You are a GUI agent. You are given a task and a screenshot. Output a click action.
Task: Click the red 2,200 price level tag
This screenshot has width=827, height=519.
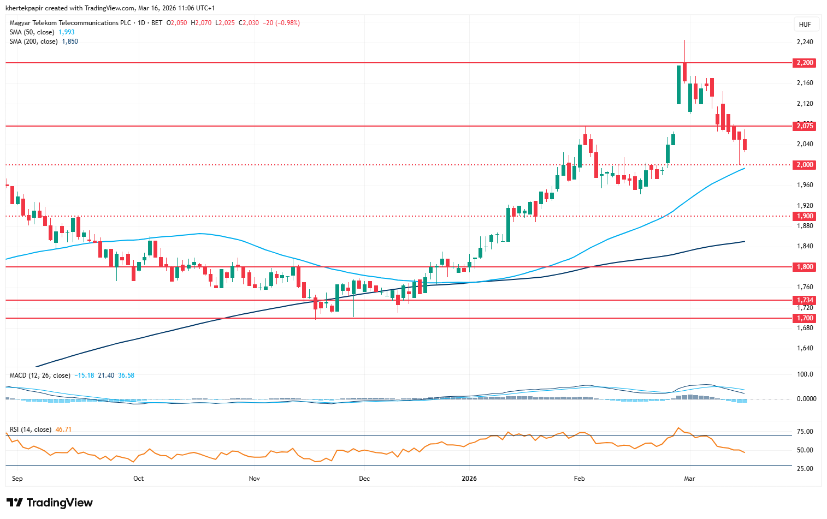pyautogui.click(x=805, y=63)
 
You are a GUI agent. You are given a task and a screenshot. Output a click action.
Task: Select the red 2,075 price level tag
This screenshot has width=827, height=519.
pyautogui.click(x=805, y=126)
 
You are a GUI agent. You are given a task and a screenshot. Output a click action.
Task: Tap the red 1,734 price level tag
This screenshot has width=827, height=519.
pyautogui.click(x=805, y=300)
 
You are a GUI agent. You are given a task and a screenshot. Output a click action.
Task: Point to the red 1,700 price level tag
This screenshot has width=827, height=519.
pyautogui.click(x=805, y=318)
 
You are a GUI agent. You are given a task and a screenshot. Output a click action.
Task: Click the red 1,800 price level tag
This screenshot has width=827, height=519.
pyautogui.click(x=805, y=267)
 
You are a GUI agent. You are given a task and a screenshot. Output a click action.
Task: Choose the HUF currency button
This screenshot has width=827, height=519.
pyautogui.click(x=805, y=25)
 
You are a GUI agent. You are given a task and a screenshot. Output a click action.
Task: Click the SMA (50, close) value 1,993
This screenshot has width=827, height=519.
pyautogui.click(x=67, y=32)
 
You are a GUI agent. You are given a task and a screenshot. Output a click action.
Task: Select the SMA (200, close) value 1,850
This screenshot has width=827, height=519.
pyautogui.click(x=70, y=41)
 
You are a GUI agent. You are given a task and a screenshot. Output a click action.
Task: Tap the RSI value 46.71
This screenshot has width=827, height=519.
pyautogui.click(x=63, y=429)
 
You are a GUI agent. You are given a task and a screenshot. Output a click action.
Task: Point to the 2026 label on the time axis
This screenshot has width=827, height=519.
pyautogui.click(x=469, y=479)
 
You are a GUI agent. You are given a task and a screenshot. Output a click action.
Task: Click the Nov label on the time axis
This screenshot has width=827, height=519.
pyautogui.click(x=254, y=479)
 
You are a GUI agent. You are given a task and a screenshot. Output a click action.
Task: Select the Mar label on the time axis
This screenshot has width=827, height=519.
pyautogui.click(x=689, y=479)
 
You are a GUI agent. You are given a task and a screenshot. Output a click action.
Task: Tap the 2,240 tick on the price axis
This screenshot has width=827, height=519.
pyautogui.click(x=805, y=42)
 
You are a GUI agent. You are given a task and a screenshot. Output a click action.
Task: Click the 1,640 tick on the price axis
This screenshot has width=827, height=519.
pyautogui.click(x=805, y=348)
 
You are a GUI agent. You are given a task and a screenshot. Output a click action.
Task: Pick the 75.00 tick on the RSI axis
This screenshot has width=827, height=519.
pyautogui.click(x=805, y=432)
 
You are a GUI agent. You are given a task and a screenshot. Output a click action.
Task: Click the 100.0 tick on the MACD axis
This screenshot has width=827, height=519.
pyautogui.click(x=805, y=374)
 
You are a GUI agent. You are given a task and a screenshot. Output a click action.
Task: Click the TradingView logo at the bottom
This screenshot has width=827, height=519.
pyautogui.click(x=50, y=503)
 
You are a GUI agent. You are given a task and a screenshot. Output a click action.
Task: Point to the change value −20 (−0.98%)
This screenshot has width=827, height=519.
pyautogui.click(x=281, y=23)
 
